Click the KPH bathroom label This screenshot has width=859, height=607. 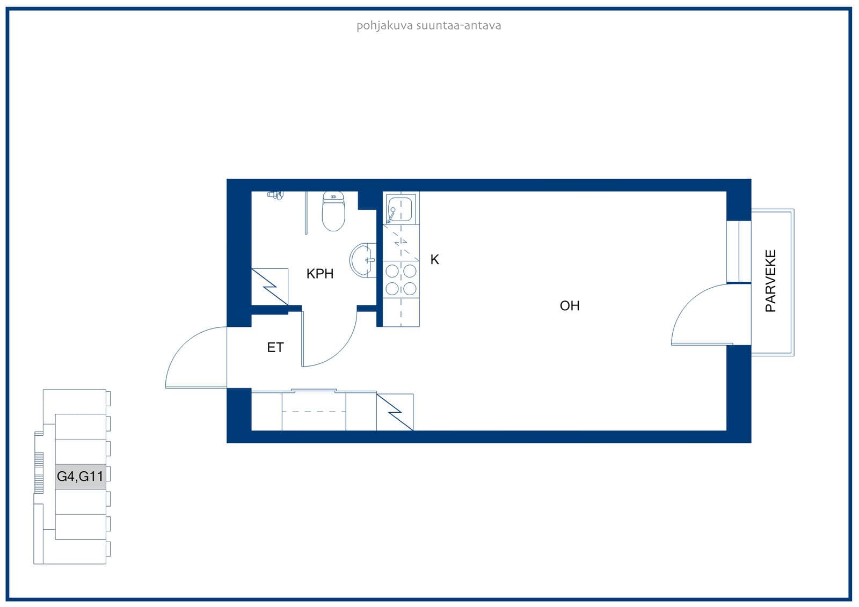coord(320,273)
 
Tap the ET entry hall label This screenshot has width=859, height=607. coord(275,347)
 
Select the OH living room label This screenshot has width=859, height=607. coord(570,305)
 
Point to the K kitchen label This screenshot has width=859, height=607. coord(434,260)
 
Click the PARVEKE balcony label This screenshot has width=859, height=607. coord(770,281)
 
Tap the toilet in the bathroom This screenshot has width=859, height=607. coord(333,211)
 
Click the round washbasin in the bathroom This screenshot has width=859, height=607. coord(363,260)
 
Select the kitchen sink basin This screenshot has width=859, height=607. coord(399,209)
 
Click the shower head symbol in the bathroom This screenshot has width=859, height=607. coord(275,195)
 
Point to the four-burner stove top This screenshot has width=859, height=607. coord(401,280)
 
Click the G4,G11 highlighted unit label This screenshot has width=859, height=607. coord(80,476)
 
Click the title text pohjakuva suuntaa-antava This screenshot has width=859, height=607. coord(429,26)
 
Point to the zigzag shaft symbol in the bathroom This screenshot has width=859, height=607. coord(270,287)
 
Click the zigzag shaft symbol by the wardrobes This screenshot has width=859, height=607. coord(395,412)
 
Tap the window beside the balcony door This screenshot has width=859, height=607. coord(739,252)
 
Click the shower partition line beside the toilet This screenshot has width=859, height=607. coord(306,213)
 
